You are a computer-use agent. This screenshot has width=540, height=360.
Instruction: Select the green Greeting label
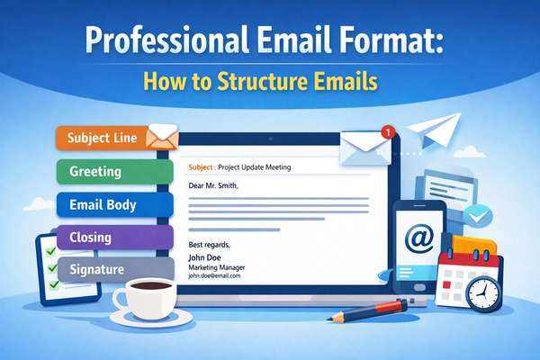tap(99, 171)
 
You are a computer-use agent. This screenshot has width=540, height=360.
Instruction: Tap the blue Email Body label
tap(103, 204)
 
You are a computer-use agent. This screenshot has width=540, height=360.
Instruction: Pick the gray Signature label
tap(99, 269)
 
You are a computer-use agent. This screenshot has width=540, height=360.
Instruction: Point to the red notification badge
tap(388, 131)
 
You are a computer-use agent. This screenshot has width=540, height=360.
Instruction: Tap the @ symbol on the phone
tap(419, 238)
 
